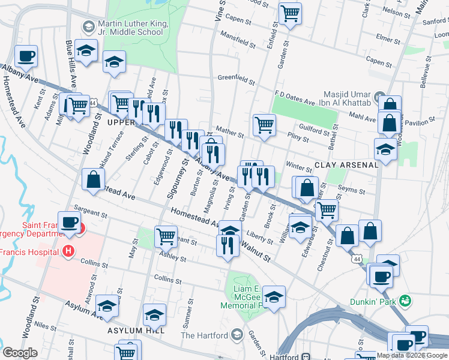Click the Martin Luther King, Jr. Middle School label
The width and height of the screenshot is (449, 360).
coord(133,27)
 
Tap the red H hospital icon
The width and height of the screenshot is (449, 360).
coord(69,250)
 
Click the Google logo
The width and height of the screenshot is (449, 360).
coord(20,353)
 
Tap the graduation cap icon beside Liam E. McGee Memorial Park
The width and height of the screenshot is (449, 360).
coord(274,296)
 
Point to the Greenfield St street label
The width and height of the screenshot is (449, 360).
coord(237,77)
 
